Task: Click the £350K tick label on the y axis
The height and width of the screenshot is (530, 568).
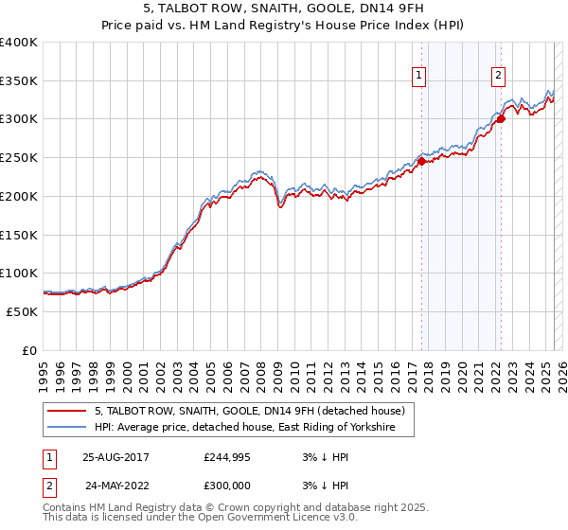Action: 19,80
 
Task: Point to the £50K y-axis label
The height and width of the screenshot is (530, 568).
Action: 22,311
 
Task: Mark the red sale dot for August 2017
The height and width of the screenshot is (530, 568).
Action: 422,161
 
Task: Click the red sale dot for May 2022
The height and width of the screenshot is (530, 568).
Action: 501,118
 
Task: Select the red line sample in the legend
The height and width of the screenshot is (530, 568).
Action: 65,411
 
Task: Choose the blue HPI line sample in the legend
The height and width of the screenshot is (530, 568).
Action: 65,429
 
